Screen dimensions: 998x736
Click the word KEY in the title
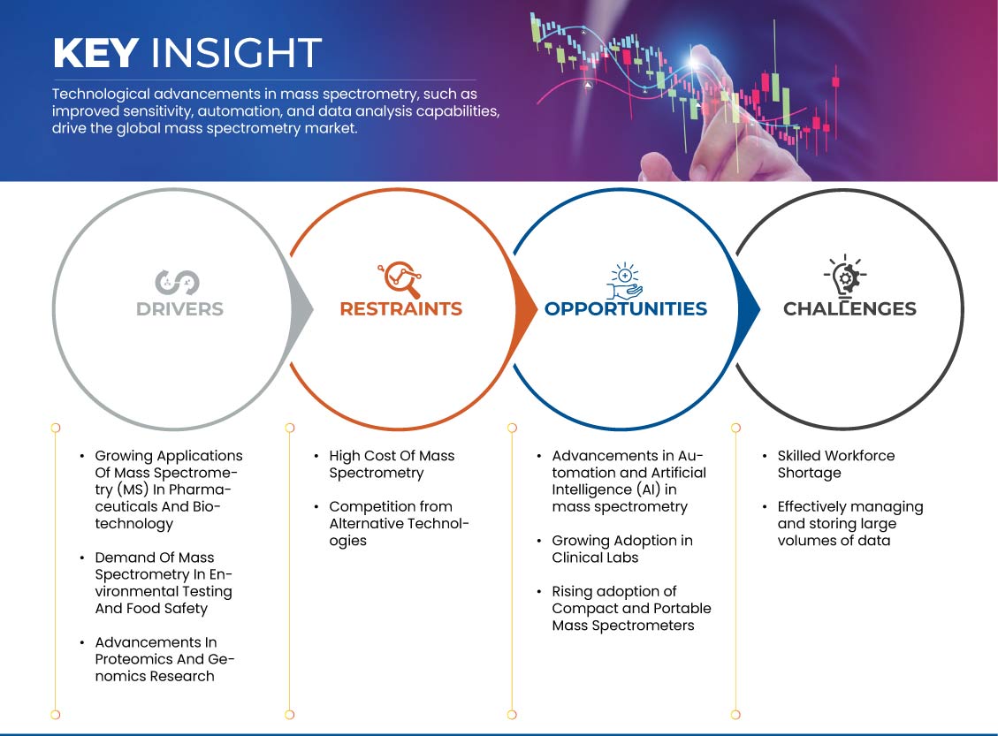(x=95, y=52)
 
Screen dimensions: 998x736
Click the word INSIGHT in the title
(x=236, y=52)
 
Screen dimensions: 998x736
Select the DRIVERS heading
(x=179, y=309)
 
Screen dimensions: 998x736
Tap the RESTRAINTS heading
(x=401, y=308)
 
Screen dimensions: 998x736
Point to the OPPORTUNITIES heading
(x=626, y=308)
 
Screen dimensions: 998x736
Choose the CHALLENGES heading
(x=849, y=308)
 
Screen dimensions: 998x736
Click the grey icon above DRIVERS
(x=178, y=282)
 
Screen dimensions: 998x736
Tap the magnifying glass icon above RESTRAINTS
(x=400, y=278)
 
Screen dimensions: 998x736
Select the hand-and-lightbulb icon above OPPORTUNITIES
(x=624, y=280)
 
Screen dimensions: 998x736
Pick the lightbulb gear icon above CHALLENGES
(x=845, y=276)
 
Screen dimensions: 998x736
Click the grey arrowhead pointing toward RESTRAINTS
(x=302, y=310)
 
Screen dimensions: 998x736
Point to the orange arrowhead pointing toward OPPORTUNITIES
(x=525, y=310)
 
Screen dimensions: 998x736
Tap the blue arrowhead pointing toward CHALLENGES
(x=749, y=310)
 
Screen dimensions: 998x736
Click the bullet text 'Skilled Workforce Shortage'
(x=835, y=465)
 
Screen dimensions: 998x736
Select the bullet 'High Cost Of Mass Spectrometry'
(x=392, y=465)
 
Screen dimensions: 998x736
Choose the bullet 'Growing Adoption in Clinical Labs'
(x=621, y=549)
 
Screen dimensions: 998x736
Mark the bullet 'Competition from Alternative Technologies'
(x=399, y=524)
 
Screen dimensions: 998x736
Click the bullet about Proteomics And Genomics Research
(x=164, y=659)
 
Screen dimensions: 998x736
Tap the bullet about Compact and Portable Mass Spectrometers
(x=631, y=608)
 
